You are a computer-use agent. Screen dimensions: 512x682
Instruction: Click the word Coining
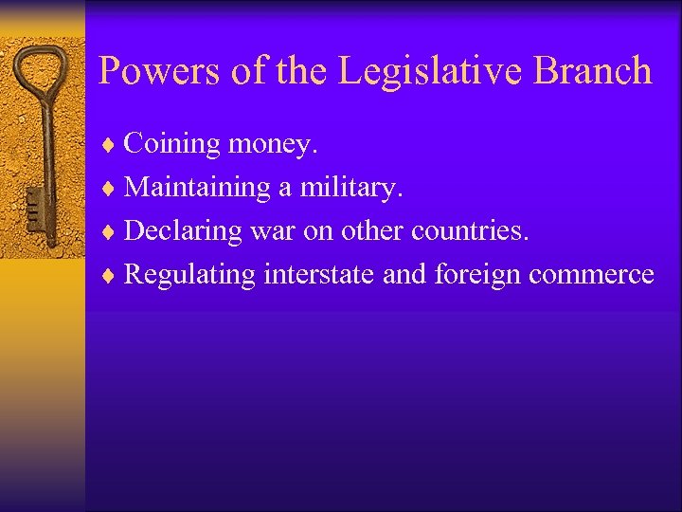pos(172,144)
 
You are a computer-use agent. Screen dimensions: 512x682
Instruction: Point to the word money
pos(274,144)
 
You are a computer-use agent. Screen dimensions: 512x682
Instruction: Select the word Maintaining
pos(197,188)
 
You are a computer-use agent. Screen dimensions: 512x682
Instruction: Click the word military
pos(351,188)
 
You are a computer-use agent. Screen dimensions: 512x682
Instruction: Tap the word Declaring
pos(183,231)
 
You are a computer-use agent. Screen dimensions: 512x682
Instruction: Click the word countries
pos(470,231)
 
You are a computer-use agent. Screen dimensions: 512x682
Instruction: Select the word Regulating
pos(189,275)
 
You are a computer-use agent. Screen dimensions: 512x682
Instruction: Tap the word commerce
pos(592,275)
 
